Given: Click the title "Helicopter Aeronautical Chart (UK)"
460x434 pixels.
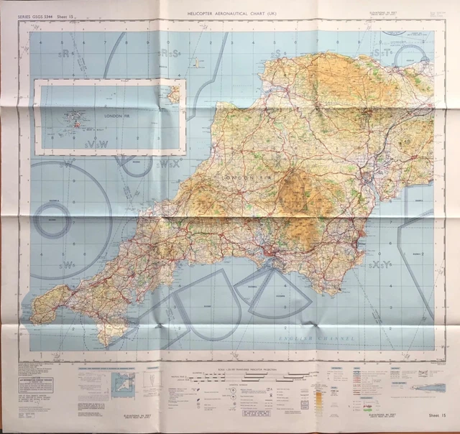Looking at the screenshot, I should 229,13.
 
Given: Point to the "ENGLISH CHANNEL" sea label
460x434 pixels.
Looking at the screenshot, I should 326,336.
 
